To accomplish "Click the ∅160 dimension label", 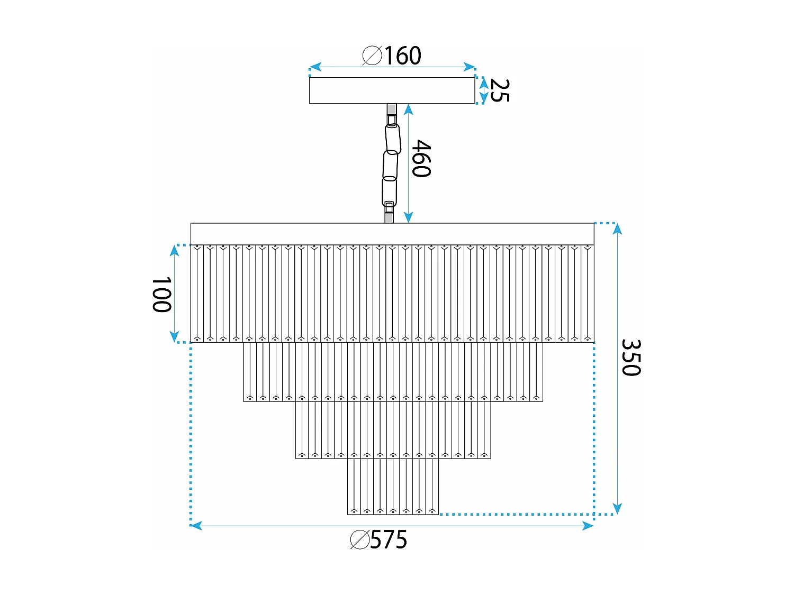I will pos(392,56).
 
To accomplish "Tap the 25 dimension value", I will pos(500,90).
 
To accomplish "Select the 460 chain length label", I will pos(421,158).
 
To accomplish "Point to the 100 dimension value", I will pos(161,295).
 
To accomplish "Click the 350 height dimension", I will pos(631,358).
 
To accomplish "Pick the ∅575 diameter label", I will pos(379,540).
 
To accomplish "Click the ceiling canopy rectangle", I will pos(392,90).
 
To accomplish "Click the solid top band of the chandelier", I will pos(392,234).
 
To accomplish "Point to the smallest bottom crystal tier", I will pos(393,487).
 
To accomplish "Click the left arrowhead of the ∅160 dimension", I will pos(314,67).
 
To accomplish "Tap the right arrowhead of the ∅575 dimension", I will pos(588,526).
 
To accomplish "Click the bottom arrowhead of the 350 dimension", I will pos(617,508).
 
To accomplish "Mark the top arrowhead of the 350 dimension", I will pos(617,229).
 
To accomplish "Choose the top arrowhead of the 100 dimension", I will pos(174,250).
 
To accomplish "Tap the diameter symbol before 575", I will pos(359,540).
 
